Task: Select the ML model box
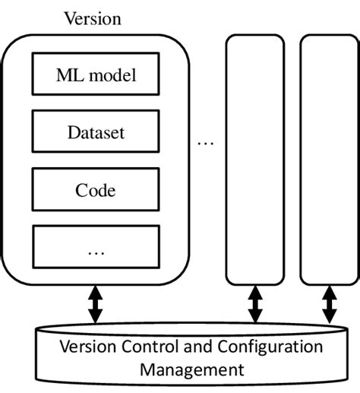point(96,76)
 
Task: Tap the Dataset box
point(96,133)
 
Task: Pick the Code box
point(96,190)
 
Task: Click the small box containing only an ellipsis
point(96,247)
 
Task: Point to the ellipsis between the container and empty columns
point(206,142)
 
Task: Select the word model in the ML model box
point(109,76)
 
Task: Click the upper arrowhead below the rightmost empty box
point(329,290)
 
